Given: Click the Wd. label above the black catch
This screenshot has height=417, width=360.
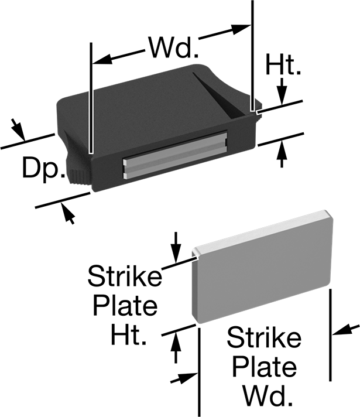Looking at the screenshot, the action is point(173,47).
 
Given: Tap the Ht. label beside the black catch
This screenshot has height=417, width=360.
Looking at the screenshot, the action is point(283,64).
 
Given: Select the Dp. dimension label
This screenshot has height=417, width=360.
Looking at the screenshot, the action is point(43,168).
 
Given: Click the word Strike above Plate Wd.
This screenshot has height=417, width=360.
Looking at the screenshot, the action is point(264,337).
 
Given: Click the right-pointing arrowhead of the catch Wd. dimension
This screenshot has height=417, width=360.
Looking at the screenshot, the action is point(241,29).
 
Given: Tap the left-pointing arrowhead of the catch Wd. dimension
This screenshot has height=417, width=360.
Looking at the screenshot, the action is point(102,59).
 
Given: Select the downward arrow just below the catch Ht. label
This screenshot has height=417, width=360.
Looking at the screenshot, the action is point(282,90).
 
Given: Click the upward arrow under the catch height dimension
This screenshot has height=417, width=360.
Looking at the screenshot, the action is point(282,155).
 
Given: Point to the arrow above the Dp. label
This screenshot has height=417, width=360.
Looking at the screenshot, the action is point(18,129).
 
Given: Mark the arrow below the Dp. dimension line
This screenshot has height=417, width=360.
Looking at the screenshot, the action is point(68,213).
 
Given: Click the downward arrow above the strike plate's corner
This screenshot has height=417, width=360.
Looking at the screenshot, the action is point(176,247).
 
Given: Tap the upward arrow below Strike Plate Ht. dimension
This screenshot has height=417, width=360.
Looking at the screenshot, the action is point(176,348).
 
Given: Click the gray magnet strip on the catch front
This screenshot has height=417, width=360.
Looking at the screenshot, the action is point(175,154).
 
